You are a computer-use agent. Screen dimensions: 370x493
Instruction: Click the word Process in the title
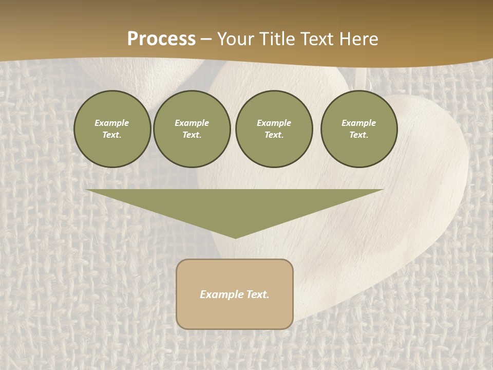[161, 39]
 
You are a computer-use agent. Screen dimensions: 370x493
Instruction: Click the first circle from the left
[112, 129]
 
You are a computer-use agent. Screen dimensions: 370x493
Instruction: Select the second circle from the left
[192, 129]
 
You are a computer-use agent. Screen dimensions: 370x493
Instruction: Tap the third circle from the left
[274, 129]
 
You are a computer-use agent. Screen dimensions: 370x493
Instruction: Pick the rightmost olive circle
[359, 129]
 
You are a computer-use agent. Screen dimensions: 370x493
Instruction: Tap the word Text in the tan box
[257, 294]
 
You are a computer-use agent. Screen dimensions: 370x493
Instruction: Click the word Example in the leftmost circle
[112, 123]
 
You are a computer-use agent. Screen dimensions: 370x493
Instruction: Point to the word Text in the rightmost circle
[359, 135]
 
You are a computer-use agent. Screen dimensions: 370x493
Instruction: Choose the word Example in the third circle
[274, 123]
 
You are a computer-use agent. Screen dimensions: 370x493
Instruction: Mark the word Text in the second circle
[192, 135]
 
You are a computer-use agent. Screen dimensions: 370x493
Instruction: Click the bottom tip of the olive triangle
[235, 237]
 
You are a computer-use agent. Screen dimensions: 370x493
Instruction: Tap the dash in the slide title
[206, 39]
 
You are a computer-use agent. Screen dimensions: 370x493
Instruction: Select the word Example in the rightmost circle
[359, 123]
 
